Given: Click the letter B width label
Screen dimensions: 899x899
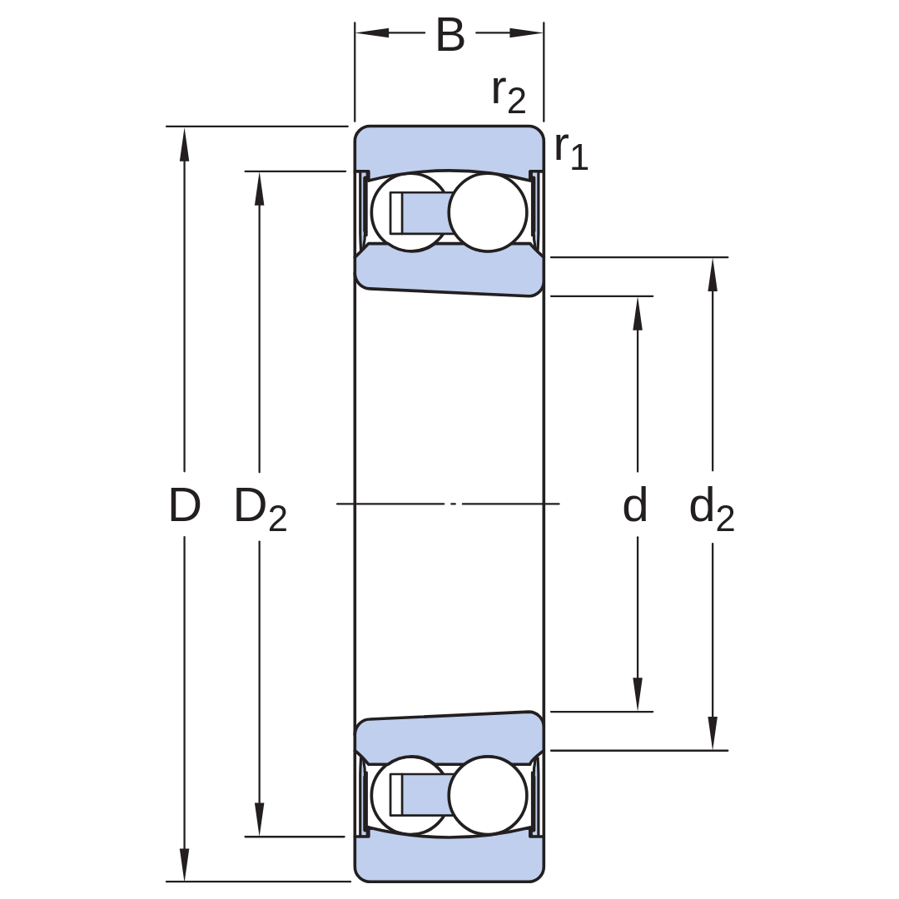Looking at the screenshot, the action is click(x=450, y=35).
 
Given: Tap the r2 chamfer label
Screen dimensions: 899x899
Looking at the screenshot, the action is click(x=509, y=95).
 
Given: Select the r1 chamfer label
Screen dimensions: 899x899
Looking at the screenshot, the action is click(x=571, y=151).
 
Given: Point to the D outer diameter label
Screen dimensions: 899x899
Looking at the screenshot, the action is click(x=185, y=505).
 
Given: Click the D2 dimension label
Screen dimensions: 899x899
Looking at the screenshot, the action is click(x=261, y=509).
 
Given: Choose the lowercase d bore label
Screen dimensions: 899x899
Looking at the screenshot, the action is click(x=635, y=504).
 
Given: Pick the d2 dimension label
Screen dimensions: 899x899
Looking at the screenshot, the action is click(x=712, y=509).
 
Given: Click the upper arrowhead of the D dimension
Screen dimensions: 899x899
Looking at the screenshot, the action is click(x=184, y=143).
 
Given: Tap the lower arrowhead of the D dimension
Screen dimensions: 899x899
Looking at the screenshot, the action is click(x=184, y=864).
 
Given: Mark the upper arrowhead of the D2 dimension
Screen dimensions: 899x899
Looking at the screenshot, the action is click(x=259, y=189).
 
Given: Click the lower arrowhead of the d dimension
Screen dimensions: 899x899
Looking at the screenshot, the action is click(x=637, y=694).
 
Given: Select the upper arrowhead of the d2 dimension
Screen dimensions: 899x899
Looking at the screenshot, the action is click(x=712, y=275).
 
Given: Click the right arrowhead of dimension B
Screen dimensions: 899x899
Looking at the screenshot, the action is click(x=526, y=32).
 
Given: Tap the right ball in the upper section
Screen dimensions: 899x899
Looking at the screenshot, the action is click(x=487, y=212).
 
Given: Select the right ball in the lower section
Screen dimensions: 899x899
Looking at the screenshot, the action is click(x=487, y=795).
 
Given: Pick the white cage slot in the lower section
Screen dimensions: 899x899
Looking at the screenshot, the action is click(x=396, y=795).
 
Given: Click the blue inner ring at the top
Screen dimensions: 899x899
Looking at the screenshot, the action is click(x=449, y=270).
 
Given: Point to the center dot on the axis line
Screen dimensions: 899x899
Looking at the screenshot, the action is click(x=454, y=504).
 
